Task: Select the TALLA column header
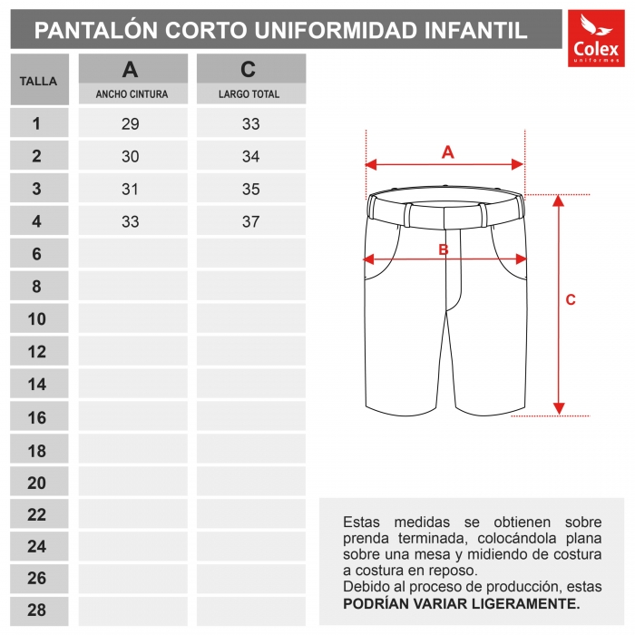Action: (39, 81)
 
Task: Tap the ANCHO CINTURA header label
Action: (132, 94)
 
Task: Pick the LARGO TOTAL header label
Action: (249, 94)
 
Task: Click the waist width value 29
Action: (131, 124)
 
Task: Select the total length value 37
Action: (250, 222)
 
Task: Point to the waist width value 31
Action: (131, 190)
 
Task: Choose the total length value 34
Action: (250, 157)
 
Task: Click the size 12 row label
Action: (37, 352)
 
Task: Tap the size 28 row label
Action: (37, 611)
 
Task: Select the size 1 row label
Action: (37, 124)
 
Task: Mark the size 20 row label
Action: (37, 483)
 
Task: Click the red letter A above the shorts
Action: (447, 152)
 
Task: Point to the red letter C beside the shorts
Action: (571, 300)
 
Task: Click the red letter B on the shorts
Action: (444, 249)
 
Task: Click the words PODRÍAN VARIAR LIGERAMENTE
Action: (461, 603)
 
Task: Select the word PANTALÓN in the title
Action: (94, 31)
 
